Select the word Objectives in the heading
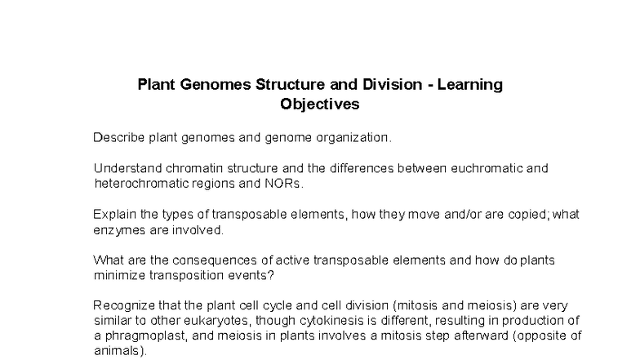coord(319,104)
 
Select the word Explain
coord(115,215)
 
